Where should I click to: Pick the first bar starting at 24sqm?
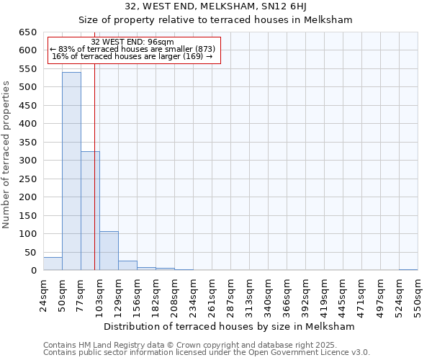(x=53, y=264)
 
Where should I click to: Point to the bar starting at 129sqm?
(x=127, y=266)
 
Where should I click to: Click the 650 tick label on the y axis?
(x=28, y=32)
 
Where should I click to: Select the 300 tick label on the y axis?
(x=28, y=161)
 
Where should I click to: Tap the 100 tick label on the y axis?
(x=28, y=234)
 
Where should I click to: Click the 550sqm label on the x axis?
(x=418, y=295)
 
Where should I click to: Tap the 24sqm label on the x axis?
(x=44, y=295)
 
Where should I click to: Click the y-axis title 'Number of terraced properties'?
(x=7, y=155)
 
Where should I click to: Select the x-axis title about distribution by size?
(x=230, y=326)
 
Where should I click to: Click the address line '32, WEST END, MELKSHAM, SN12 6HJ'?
(x=230, y=6)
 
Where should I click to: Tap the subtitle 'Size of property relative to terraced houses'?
(x=230, y=19)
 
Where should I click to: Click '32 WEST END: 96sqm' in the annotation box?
(x=132, y=42)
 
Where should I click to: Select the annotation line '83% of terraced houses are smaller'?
(x=132, y=49)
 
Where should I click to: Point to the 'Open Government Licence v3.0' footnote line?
(x=207, y=352)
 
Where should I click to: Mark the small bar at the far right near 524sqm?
(x=408, y=269)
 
